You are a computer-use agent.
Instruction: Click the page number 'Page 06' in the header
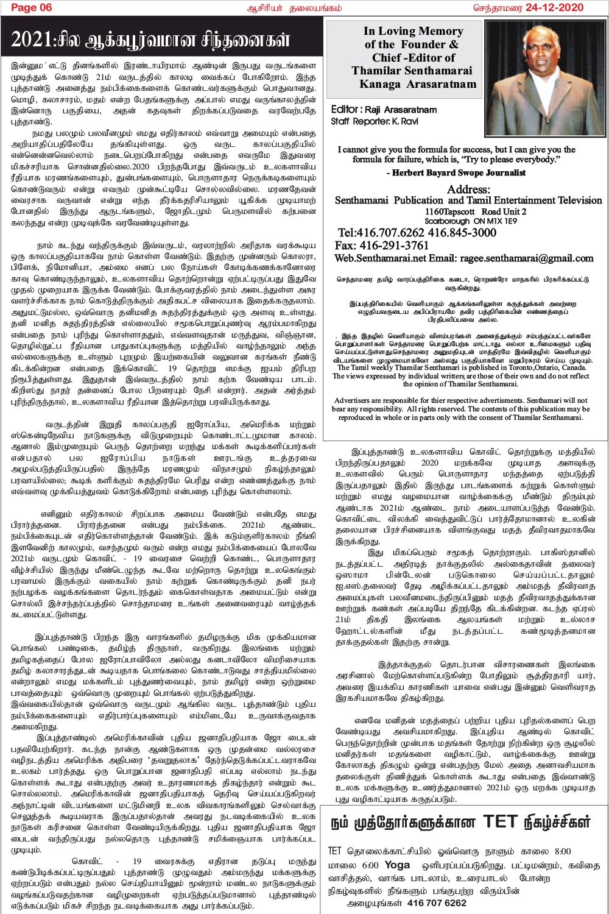point(32,7)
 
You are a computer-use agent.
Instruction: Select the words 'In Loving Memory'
point(413,31)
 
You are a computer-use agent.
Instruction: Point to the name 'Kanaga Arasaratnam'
point(418,84)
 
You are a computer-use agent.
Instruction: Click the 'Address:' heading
point(468,190)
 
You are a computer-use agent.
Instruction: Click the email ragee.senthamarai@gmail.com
point(526,258)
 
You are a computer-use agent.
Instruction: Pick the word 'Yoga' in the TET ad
point(397,865)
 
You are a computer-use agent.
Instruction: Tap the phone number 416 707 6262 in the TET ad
point(437,903)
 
